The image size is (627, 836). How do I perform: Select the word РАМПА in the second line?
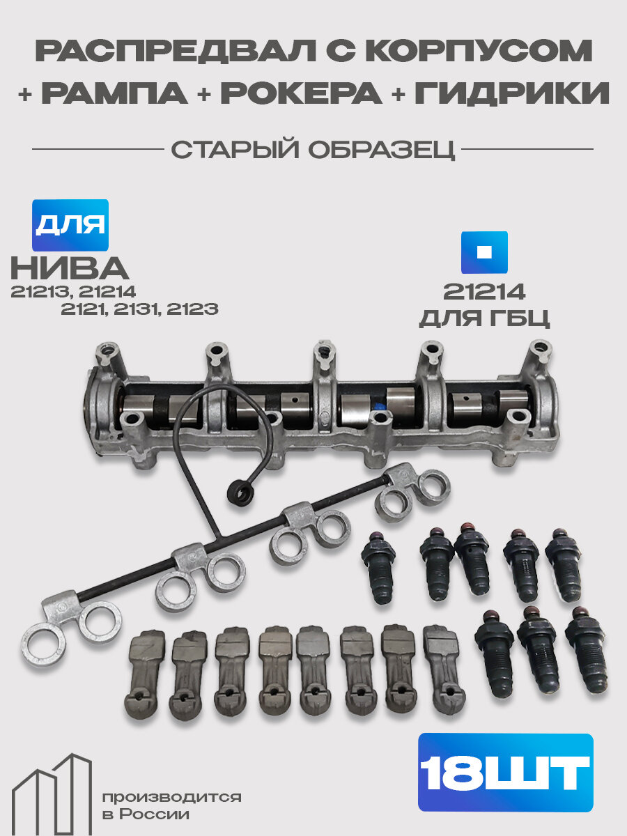tap(114, 93)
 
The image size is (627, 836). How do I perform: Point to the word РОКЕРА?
tap(301, 93)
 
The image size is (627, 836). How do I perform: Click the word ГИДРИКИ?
tap(512, 93)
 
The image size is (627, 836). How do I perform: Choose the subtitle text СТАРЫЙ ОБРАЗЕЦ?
tap(313, 150)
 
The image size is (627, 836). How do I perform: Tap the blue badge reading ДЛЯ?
tap(70, 225)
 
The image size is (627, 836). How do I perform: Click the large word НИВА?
tap(70, 268)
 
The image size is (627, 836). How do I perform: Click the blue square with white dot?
tap(484, 252)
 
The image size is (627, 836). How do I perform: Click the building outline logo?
tap(52, 794)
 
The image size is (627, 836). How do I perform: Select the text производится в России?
tap(171, 805)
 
